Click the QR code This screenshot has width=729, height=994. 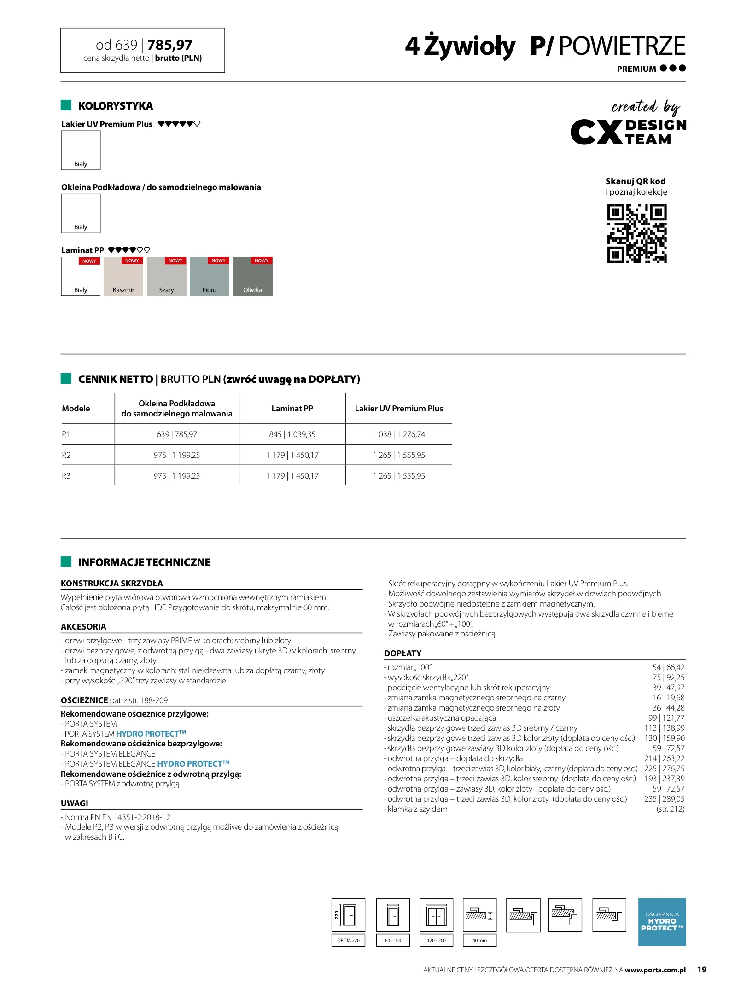click(636, 233)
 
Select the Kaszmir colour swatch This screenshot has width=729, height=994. click(123, 277)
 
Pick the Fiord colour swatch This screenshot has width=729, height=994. click(209, 277)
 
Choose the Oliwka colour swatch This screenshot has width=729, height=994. click(252, 277)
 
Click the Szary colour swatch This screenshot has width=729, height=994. click(166, 277)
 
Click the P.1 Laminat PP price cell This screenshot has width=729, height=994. click(292, 434)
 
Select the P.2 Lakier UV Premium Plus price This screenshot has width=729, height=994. click(399, 455)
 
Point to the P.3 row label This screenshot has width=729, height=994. click(66, 476)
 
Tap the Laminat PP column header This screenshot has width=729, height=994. click(292, 409)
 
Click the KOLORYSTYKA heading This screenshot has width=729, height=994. click(115, 106)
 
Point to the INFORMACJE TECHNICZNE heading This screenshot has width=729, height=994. click(144, 562)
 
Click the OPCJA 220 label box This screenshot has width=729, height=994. click(348, 940)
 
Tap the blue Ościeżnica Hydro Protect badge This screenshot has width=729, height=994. click(662, 922)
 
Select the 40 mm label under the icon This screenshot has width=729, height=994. click(479, 940)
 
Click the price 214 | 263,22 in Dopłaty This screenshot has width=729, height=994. click(664, 758)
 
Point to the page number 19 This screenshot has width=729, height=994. click(702, 970)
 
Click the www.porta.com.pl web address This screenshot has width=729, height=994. click(655, 970)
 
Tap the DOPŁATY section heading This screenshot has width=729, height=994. click(402, 653)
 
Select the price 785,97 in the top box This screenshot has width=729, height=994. click(170, 45)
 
